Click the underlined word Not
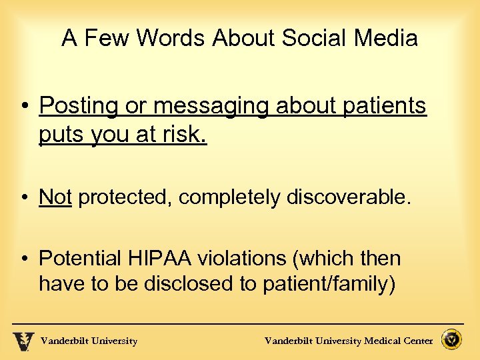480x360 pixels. click(x=55, y=197)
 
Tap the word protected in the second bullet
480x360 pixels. click(x=127, y=197)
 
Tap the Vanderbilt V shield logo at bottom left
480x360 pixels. click(x=23, y=341)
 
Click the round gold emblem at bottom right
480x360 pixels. click(x=453, y=340)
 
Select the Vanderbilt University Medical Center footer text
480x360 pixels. click(x=349, y=341)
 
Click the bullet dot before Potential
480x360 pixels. click(x=24, y=259)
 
